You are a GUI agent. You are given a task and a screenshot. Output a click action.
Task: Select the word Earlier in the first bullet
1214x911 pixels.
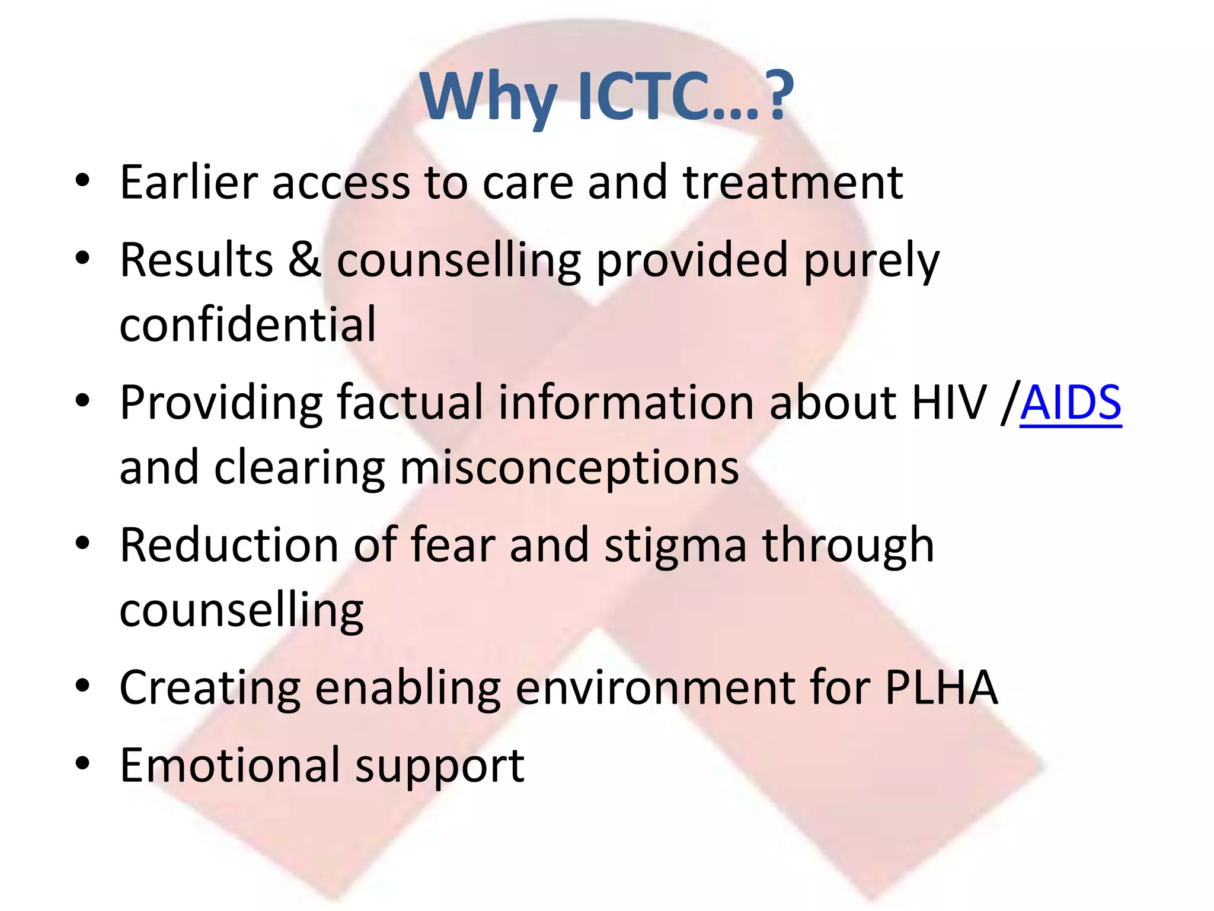[189, 182]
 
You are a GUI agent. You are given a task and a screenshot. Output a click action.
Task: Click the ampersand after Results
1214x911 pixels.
[305, 260]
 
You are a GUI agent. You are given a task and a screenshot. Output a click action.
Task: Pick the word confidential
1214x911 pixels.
[248, 324]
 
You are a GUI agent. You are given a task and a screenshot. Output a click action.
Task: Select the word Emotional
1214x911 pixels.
[230, 766]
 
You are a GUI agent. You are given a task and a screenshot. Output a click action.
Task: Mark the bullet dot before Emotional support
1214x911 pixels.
[83, 764]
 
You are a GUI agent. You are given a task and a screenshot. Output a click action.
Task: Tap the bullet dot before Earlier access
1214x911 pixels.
[83, 180]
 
